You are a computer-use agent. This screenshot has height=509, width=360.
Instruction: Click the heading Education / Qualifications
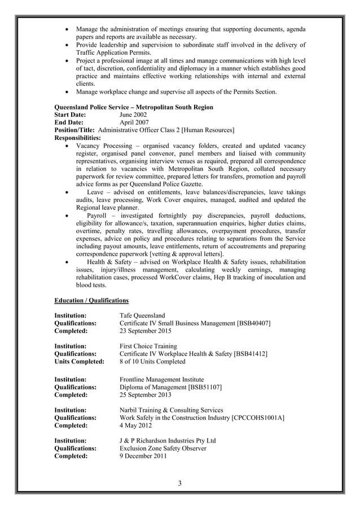coord(91,300)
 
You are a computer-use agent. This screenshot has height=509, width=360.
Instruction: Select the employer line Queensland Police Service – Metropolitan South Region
coord(133,107)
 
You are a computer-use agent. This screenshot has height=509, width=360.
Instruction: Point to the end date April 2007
coord(134,122)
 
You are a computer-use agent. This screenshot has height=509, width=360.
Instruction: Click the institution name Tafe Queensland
coord(142,315)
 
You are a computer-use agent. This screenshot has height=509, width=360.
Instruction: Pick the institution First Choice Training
coord(148,346)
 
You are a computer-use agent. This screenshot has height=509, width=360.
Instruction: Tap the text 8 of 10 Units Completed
coord(152,362)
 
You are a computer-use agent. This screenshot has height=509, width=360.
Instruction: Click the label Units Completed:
coord(79,362)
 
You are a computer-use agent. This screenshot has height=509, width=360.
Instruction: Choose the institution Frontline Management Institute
coord(162,380)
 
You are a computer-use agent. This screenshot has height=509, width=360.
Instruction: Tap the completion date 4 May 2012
coord(135,425)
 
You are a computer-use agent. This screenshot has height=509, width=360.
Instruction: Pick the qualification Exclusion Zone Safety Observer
coord(163,449)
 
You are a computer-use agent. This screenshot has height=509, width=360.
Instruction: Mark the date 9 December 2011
coord(143,457)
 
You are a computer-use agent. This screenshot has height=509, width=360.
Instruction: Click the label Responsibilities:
coord(77,138)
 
